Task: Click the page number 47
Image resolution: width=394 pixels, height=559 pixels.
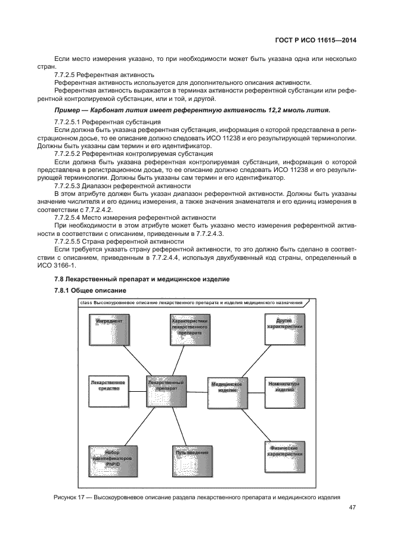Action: coord(352,508)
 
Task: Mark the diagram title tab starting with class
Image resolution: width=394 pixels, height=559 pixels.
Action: coord(190,303)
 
